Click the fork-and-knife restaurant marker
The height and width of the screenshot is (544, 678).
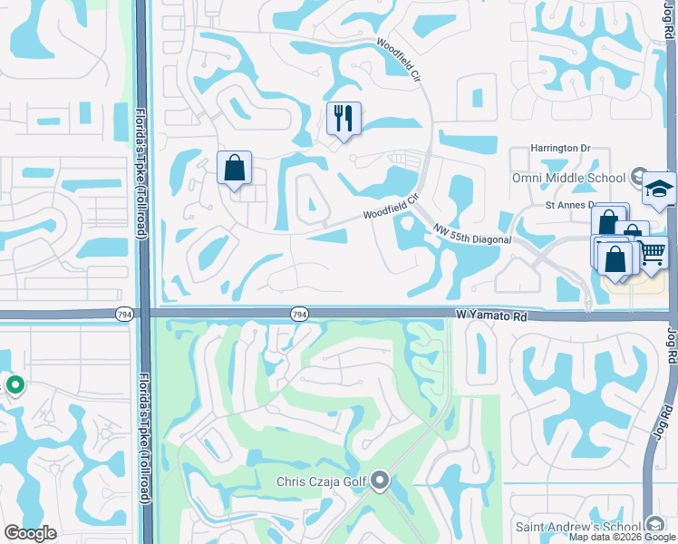coord(344,119)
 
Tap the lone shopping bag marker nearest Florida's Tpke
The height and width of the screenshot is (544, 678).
coord(234,169)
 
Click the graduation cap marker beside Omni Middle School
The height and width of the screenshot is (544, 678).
coord(659,189)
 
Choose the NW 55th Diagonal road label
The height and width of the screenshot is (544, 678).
coord(472,234)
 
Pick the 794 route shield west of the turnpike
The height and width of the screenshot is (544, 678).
coord(124,314)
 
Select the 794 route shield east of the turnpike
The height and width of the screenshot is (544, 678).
coord(299,314)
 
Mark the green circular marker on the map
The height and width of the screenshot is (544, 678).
coord(15,385)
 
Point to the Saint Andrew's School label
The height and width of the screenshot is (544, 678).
coord(579,526)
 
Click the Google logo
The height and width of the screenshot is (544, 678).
coord(30,532)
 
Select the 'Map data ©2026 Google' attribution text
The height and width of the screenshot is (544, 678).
coord(622,537)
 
